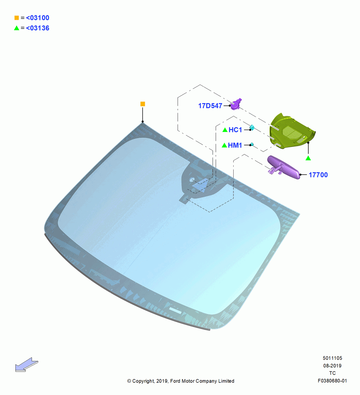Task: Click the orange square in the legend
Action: tap(17, 18)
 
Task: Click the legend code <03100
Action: tap(37, 18)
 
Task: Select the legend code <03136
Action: tap(37, 28)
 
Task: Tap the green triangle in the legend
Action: tap(17, 28)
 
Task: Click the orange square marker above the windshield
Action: tap(143, 104)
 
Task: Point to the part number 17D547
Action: tap(210, 106)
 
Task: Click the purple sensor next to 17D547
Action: tap(236, 104)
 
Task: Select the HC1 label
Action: tap(235, 130)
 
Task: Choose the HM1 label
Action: tap(235, 145)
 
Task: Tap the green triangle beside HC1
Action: tap(225, 130)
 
